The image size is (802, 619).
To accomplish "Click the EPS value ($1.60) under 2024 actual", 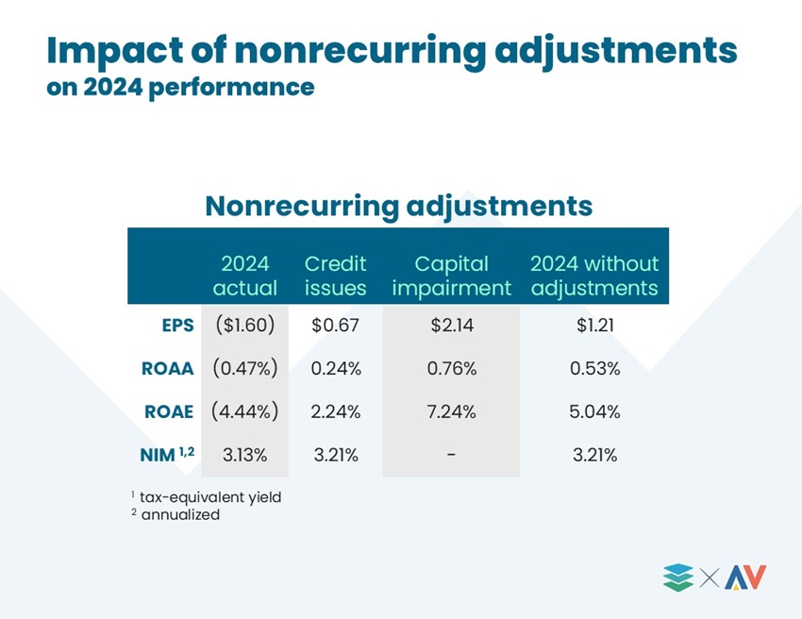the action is (245, 325).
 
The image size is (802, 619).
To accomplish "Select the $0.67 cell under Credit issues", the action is (336, 325).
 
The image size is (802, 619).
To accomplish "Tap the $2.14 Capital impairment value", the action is (452, 325).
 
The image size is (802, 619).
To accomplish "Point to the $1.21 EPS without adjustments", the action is (594, 325).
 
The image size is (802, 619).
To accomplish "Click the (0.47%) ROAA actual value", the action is (245, 368).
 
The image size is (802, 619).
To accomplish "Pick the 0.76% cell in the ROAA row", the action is (452, 368).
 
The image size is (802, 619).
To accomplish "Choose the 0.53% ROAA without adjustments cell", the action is (594, 368).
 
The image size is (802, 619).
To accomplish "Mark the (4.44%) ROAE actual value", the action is (245, 411).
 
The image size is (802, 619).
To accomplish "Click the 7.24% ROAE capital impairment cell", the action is (452, 411).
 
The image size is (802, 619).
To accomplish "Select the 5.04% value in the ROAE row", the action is (594, 411).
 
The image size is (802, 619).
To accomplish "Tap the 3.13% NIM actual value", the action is (245, 455).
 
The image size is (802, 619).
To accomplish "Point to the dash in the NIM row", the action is (451, 455).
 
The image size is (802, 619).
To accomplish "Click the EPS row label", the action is (178, 326).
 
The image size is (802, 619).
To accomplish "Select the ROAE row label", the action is (169, 411).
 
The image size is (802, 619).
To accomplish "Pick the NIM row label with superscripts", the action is (167, 454).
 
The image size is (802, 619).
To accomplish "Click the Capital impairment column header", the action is (452, 276).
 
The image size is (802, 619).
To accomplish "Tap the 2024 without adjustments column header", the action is (594, 276).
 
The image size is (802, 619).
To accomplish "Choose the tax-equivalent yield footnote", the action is (206, 496).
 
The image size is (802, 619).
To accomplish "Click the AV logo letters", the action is (745, 577).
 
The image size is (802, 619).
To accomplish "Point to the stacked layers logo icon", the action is (678, 577).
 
